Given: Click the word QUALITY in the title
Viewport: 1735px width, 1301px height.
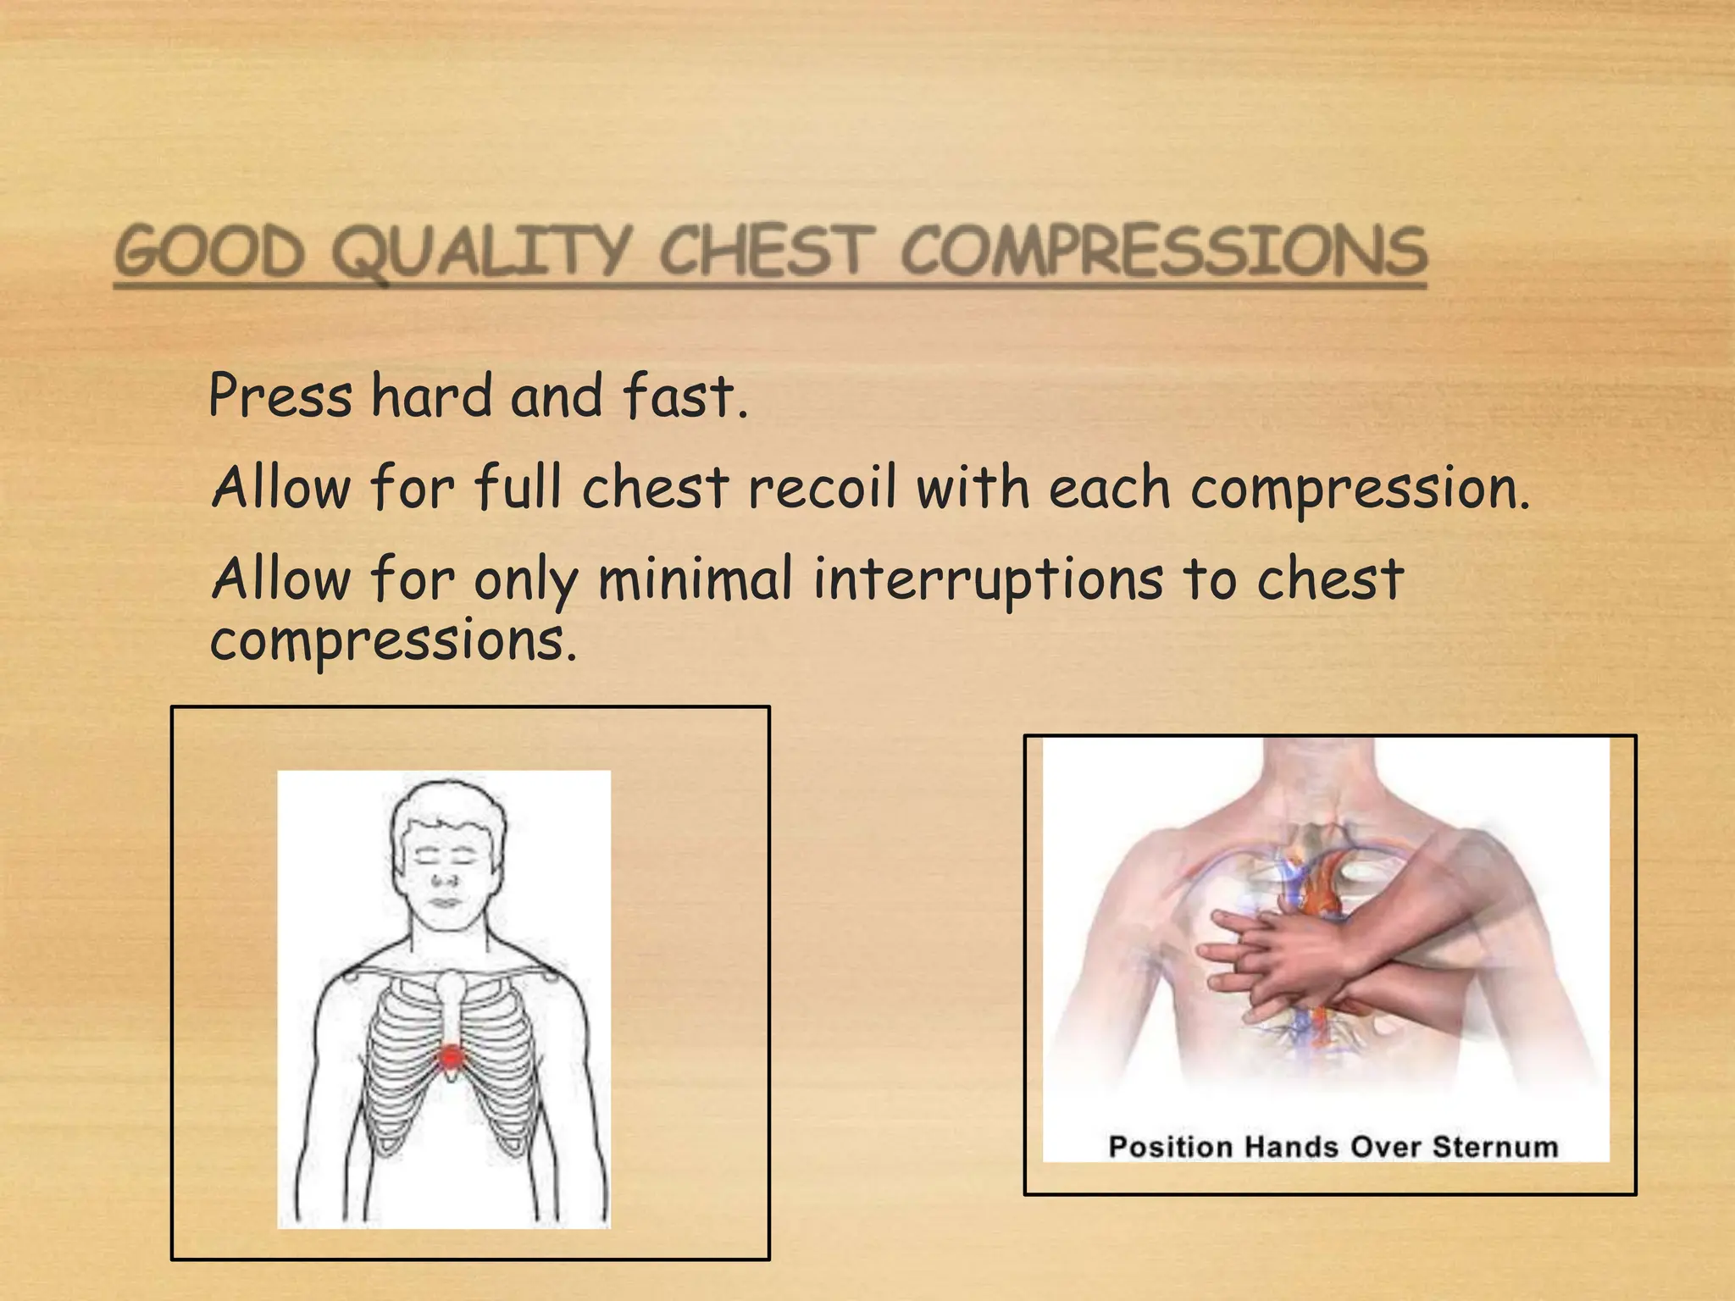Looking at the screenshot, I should [481, 252].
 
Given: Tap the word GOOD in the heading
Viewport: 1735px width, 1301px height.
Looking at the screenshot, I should [209, 252].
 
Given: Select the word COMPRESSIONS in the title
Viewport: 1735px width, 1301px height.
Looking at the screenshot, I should [1163, 252].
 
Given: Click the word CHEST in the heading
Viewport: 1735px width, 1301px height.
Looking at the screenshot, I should [766, 252].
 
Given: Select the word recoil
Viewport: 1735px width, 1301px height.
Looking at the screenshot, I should [821, 488].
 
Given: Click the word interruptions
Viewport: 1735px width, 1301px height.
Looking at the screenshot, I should [988, 581].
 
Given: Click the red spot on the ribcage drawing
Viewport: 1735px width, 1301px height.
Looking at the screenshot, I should [451, 1056].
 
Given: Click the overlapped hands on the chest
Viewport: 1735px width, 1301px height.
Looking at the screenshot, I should [1288, 957].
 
